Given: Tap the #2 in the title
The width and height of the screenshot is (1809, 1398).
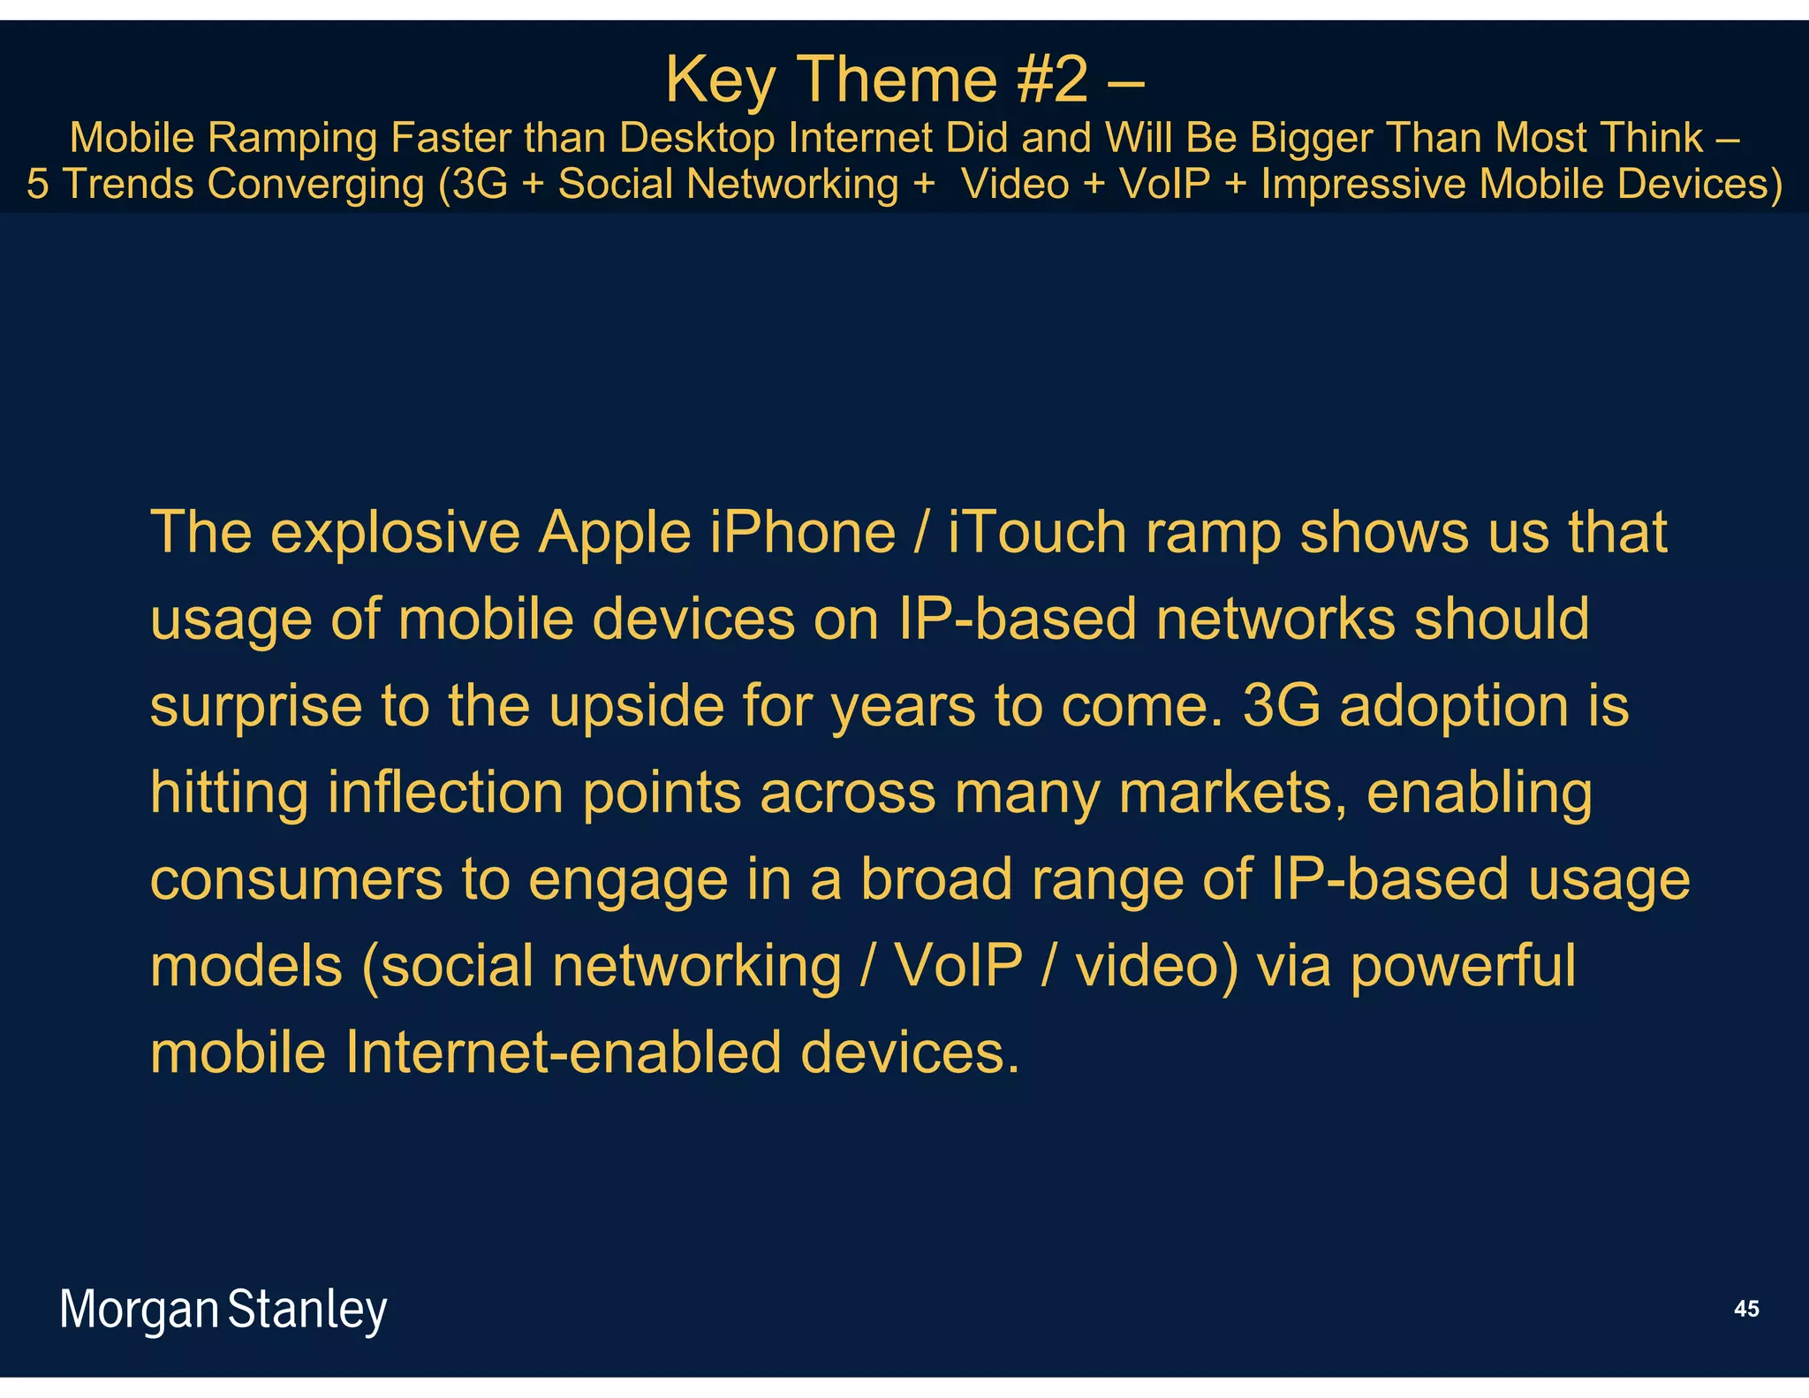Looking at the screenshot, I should (x=1052, y=80).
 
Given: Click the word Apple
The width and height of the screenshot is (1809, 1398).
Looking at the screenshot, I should (x=615, y=533).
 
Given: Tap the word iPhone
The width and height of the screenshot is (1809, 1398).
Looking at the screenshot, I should (x=803, y=533).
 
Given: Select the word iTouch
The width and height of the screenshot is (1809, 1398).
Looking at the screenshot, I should (x=1037, y=533).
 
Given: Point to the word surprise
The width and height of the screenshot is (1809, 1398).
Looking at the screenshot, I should (x=256, y=708).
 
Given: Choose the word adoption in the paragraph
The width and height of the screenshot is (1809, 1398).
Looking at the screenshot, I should (x=1454, y=706).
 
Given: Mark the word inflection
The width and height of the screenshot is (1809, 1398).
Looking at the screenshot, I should (x=445, y=793).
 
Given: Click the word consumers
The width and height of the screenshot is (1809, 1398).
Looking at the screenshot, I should (x=296, y=880).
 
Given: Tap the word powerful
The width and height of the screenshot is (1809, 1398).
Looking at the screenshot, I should (x=1463, y=966).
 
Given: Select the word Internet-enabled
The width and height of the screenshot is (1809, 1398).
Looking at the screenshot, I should (x=564, y=1052).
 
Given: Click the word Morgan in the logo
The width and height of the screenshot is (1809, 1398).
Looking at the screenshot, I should (x=139, y=1311).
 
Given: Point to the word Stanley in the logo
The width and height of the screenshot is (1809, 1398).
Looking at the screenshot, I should (x=307, y=1311).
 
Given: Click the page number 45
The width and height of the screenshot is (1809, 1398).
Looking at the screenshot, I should (x=1746, y=1309).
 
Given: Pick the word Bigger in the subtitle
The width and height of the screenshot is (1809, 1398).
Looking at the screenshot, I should (x=1309, y=138).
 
